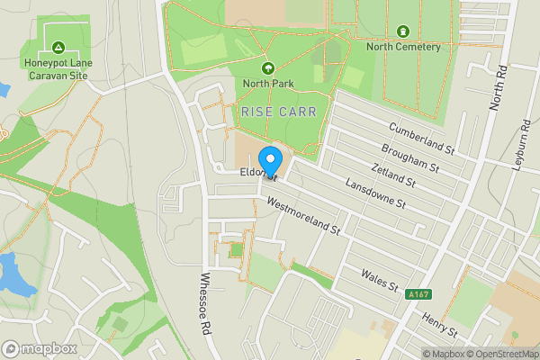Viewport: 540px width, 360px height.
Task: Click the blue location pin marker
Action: click(271, 157)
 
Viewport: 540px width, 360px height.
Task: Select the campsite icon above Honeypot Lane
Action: click(58, 47)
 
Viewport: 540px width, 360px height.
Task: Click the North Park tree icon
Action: click(267, 68)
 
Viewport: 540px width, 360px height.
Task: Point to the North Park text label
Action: click(267, 84)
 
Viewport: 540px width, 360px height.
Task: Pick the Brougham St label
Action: click(409, 156)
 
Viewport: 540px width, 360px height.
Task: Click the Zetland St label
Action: click(392, 174)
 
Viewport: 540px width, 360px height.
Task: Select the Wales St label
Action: click(379, 280)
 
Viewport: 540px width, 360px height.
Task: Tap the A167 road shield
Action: click(417, 294)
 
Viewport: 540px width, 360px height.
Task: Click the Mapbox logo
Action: click(39, 348)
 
